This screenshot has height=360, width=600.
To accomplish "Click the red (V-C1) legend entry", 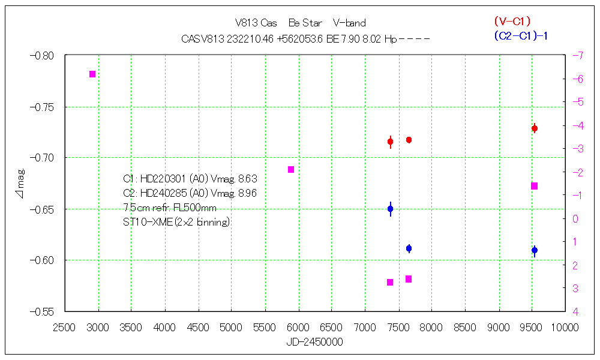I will tap(512, 22).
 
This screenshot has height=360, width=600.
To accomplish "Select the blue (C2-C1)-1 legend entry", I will tap(521, 35).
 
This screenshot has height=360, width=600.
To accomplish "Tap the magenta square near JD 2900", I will tap(92, 74).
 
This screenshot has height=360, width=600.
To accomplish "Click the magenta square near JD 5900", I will tap(291, 170).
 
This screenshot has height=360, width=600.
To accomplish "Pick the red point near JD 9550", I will tap(535, 128).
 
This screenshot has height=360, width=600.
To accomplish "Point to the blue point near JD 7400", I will tap(390, 209).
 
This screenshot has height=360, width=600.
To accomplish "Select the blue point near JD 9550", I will tap(535, 250).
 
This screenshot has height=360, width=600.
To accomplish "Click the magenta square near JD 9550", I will tap(534, 186).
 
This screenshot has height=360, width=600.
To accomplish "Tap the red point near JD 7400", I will tap(390, 142).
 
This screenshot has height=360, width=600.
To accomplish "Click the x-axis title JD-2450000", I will tap(314, 341).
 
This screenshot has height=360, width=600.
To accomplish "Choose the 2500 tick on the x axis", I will tap(64, 327).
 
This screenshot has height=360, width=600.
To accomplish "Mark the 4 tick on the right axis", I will tap(575, 311).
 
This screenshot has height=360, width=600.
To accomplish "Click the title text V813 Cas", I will tap(256, 23).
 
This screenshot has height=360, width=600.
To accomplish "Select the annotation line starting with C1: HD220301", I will tap(190, 179).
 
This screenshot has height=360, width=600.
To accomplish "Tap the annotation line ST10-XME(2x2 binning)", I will tap(176, 222).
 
